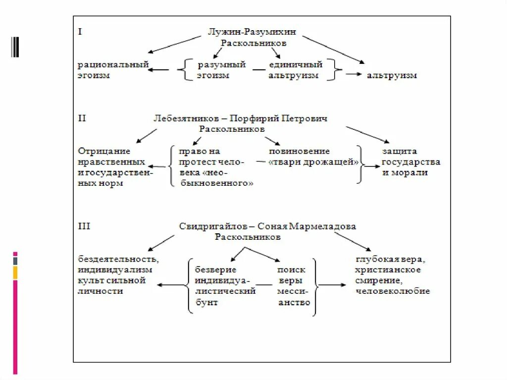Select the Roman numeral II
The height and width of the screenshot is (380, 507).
pyautogui.click(x=82, y=118)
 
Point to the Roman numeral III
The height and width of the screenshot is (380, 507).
pyautogui.click(x=84, y=226)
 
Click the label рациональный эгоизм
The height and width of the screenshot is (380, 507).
pyautogui.click(x=113, y=70)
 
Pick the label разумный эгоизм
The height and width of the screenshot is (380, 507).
pyautogui.click(x=221, y=70)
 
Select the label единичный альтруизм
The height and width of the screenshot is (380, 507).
pyautogui.click(x=295, y=70)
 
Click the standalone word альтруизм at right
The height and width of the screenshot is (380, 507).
pyautogui.click(x=391, y=76)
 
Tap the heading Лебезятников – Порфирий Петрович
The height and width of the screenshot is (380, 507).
pyautogui.click(x=241, y=119)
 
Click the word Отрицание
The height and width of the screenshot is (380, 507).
pyautogui.click(x=104, y=151)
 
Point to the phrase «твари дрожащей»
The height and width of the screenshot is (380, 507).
pyautogui.click(x=313, y=162)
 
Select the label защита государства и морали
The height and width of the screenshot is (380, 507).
pyautogui.click(x=410, y=162)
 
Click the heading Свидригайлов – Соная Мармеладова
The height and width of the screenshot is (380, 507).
pyautogui.click(x=267, y=226)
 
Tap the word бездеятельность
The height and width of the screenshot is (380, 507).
pyautogui.click(x=118, y=259)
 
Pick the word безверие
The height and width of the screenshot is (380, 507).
pyautogui.click(x=215, y=270)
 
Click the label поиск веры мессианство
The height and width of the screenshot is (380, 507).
pyautogui.click(x=294, y=286)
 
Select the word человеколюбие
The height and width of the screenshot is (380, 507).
pyautogui.click(x=392, y=291)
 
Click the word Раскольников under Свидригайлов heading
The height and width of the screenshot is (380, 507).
pyautogui.click(x=248, y=237)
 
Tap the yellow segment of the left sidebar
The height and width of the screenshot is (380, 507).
pyautogui.click(x=15, y=272)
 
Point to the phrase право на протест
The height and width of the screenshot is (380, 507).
pyautogui.click(x=200, y=157)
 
